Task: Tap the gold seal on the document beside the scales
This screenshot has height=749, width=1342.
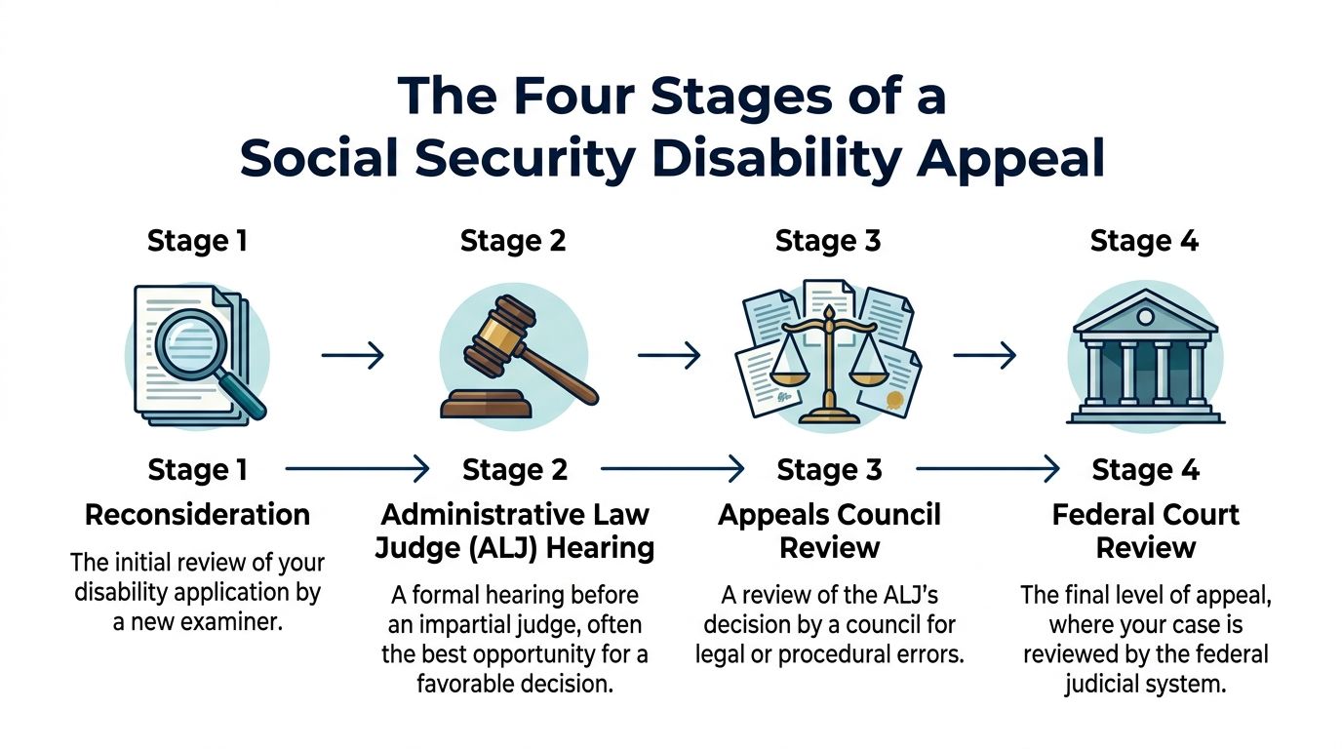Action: point(893,400)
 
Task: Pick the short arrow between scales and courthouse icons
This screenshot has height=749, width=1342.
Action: point(984,356)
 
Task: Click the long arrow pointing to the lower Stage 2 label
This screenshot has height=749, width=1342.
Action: point(357,470)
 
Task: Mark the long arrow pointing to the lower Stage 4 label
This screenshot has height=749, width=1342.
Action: point(987,470)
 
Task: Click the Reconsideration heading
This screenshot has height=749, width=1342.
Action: point(197,515)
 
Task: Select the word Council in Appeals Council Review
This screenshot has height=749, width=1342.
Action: point(885,515)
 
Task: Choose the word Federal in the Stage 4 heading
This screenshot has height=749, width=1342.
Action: point(1100,515)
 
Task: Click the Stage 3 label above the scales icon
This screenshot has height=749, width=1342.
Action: point(828,241)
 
